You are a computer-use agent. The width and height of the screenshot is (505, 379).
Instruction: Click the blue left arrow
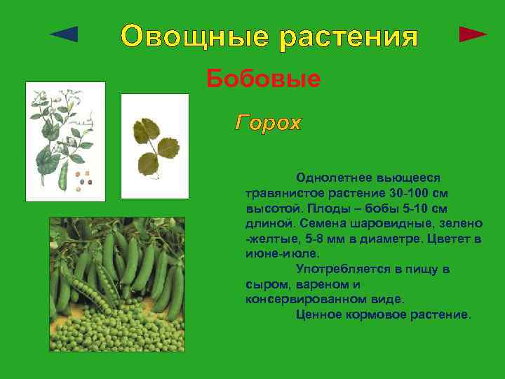(x=65, y=34)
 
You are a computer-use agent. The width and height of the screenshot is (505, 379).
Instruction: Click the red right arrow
(x=473, y=34)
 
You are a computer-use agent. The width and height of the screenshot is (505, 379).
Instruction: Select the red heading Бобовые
(x=263, y=79)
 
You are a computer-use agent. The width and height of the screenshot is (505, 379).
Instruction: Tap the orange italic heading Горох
(x=268, y=124)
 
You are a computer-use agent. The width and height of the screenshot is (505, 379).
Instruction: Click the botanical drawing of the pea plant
(x=65, y=142)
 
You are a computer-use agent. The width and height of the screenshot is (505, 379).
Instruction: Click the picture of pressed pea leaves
(x=155, y=146)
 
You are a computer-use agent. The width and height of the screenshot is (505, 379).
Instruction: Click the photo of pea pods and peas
(x=116, y=284)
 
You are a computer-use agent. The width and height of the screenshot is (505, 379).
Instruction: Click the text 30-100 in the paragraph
(x=409, y=193)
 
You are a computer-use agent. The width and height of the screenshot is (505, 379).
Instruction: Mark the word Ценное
(x=319, y=314)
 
